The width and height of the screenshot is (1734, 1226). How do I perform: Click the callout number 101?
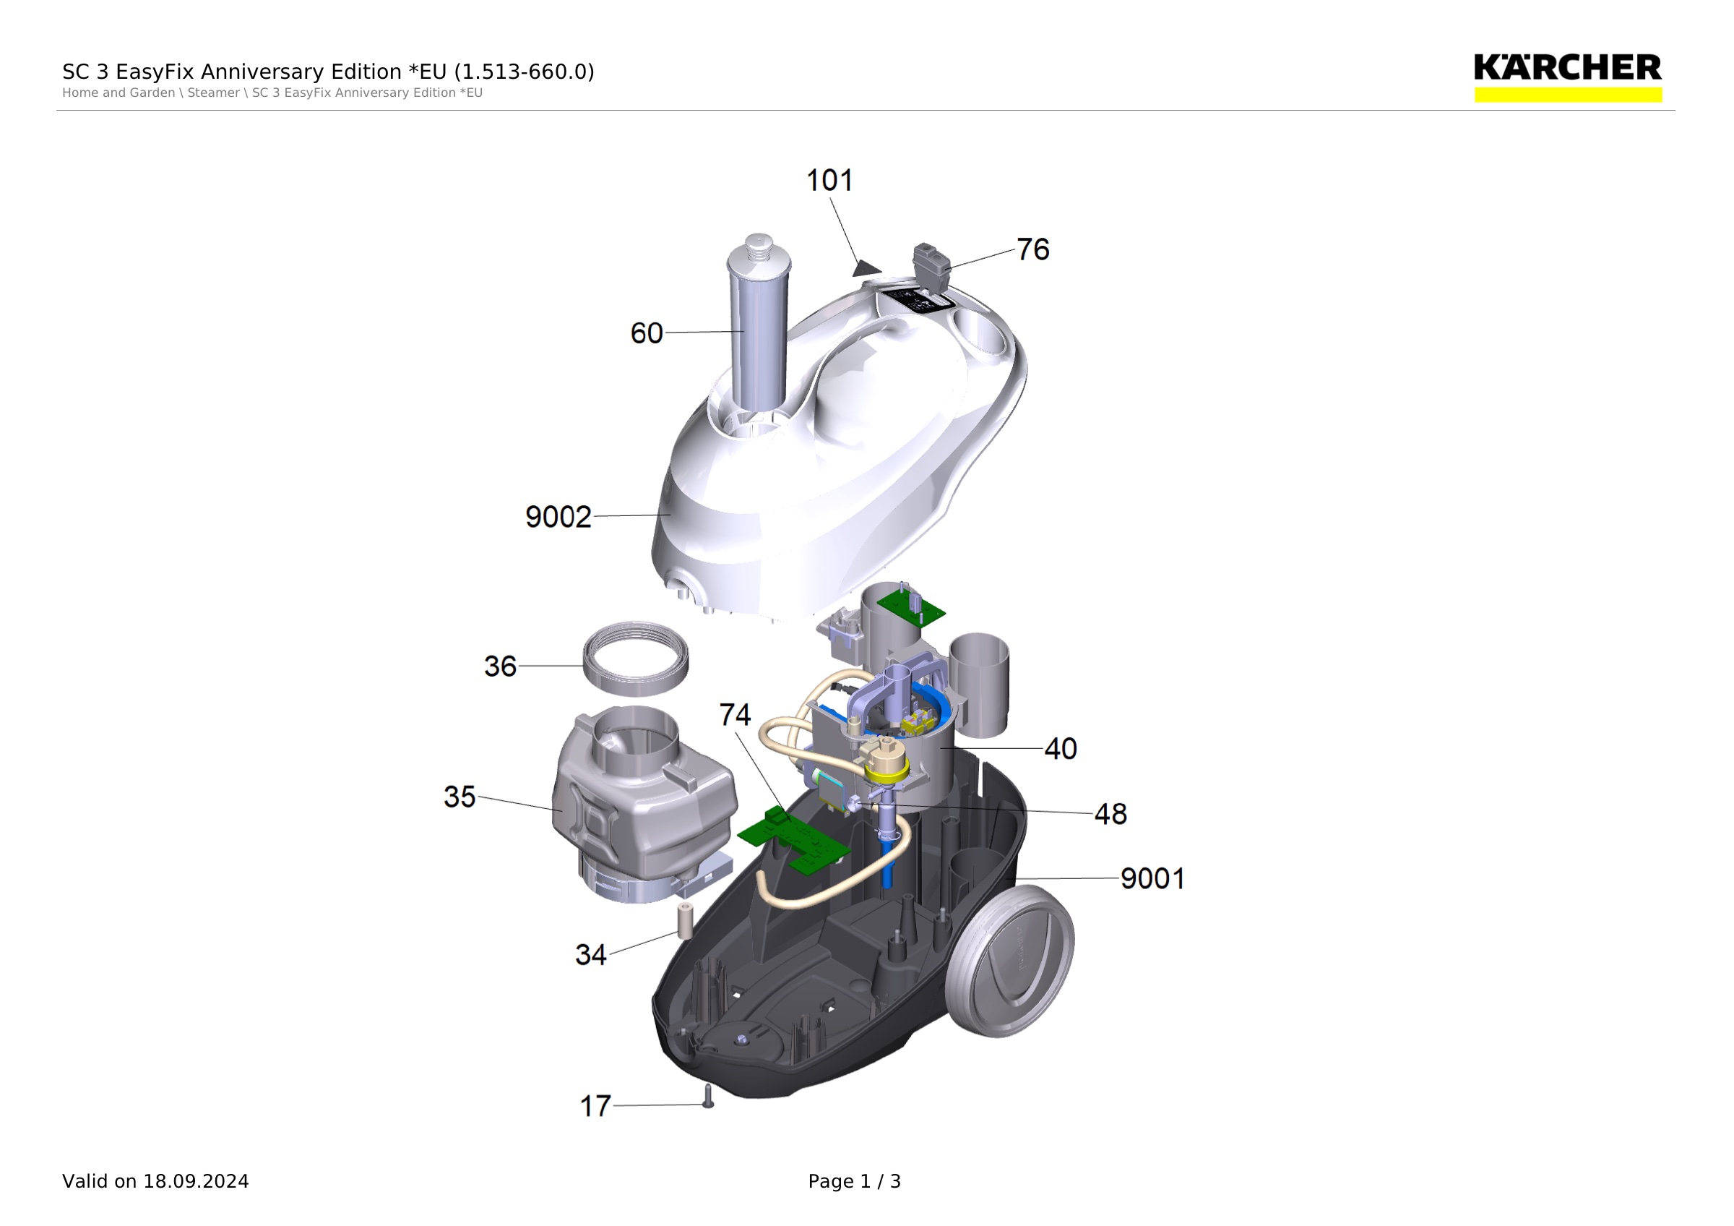click(829, 181)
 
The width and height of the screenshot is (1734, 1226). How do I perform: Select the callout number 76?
click(1032, 249)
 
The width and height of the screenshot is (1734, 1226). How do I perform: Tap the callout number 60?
click(647, 333)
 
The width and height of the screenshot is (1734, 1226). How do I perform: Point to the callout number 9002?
click(558, 517)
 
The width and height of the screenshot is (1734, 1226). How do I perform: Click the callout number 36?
click(500, 666)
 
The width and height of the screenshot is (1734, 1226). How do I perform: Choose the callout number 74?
click(735, 715)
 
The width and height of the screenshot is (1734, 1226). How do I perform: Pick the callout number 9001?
click(1152, 878)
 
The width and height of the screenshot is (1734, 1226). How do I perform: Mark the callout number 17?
click(595, 1107)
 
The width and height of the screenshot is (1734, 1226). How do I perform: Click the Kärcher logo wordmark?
click(1568, 68)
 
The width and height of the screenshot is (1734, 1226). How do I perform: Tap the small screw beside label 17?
click(707, 1096)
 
